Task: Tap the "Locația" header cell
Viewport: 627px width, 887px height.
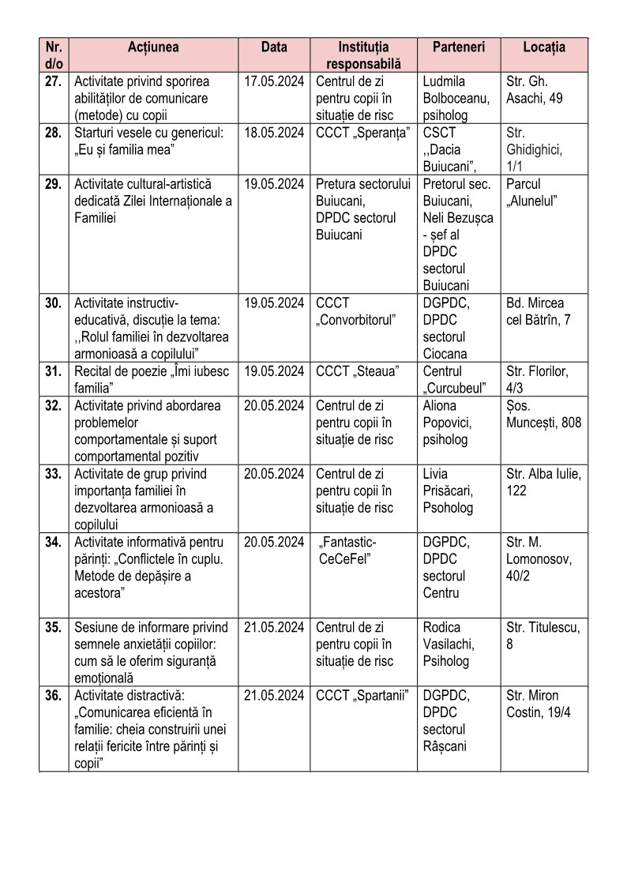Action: [544, 47]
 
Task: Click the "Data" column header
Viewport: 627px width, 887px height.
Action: [274, 47]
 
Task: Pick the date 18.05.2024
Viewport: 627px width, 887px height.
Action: [274, 133]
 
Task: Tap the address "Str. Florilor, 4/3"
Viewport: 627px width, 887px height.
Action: [543, 379]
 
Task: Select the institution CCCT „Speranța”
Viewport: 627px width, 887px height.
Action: [362, 133]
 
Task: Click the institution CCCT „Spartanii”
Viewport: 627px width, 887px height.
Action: [362, 696]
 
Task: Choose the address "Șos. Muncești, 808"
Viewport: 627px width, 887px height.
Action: [543, 415]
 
